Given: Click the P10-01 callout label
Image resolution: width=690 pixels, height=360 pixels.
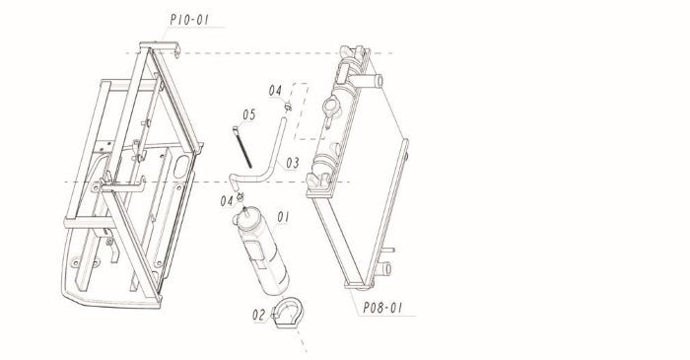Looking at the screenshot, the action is click(189, 20).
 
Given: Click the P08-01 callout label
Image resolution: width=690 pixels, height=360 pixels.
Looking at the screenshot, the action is click(382, 308).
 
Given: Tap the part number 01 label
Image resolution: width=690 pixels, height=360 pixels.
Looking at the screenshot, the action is click(283, 217).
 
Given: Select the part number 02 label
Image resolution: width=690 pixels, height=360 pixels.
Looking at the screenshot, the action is click(258, 315).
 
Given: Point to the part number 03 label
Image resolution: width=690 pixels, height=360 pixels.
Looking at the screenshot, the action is click(293, 164).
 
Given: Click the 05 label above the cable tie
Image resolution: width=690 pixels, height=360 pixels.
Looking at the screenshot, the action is click(248, 114).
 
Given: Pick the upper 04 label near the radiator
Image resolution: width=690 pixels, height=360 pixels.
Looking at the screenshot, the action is click(275, 90).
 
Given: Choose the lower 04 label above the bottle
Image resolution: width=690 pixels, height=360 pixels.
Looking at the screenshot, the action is click(227, 201).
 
